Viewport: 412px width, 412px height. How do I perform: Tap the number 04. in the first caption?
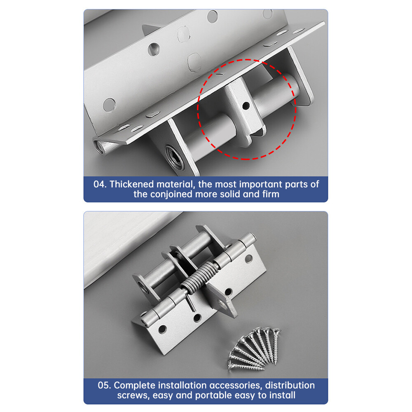pyautogui.click(x=101, y=184)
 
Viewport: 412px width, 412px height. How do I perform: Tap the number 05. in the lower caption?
pyautogui.click(x=104, y=386)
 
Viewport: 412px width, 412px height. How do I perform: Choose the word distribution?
pyautogui.click(x=290, y=386)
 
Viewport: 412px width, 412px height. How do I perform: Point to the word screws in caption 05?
pyautogui.click(x=131, y=396)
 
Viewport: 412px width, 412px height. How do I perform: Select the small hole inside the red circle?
pyautogui.click(x=246, y=106)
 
